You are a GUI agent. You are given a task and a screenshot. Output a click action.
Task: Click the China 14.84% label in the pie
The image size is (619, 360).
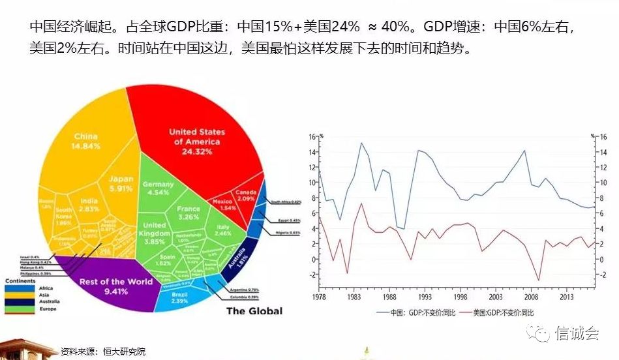click(x=85, y=141)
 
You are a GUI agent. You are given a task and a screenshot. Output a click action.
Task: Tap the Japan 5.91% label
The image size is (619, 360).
click(x=121, y=183)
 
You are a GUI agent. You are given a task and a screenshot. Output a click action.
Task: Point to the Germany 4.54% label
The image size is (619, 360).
click(x=159, y=188)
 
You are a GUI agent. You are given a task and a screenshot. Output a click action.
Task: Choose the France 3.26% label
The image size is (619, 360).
click(x=189, y=213)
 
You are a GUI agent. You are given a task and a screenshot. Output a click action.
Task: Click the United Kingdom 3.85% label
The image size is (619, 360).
click(x=155, y=233)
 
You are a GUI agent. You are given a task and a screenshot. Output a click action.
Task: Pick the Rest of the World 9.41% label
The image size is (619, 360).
click(x=106, y=286)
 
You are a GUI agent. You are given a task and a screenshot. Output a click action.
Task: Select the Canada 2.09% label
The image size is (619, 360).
click(x=245, y=196)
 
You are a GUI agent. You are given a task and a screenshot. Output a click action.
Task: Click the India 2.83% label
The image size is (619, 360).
click(x=89, y=205)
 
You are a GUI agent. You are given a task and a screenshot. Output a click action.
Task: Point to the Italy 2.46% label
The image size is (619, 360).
click(x=224, y=230)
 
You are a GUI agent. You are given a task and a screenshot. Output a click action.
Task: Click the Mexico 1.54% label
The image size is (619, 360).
click(x=223, y=205)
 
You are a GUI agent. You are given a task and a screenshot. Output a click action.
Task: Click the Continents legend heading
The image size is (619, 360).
click(x=22, y=281)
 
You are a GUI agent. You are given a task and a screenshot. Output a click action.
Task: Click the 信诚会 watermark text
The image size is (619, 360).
click(x=577, y=334)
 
